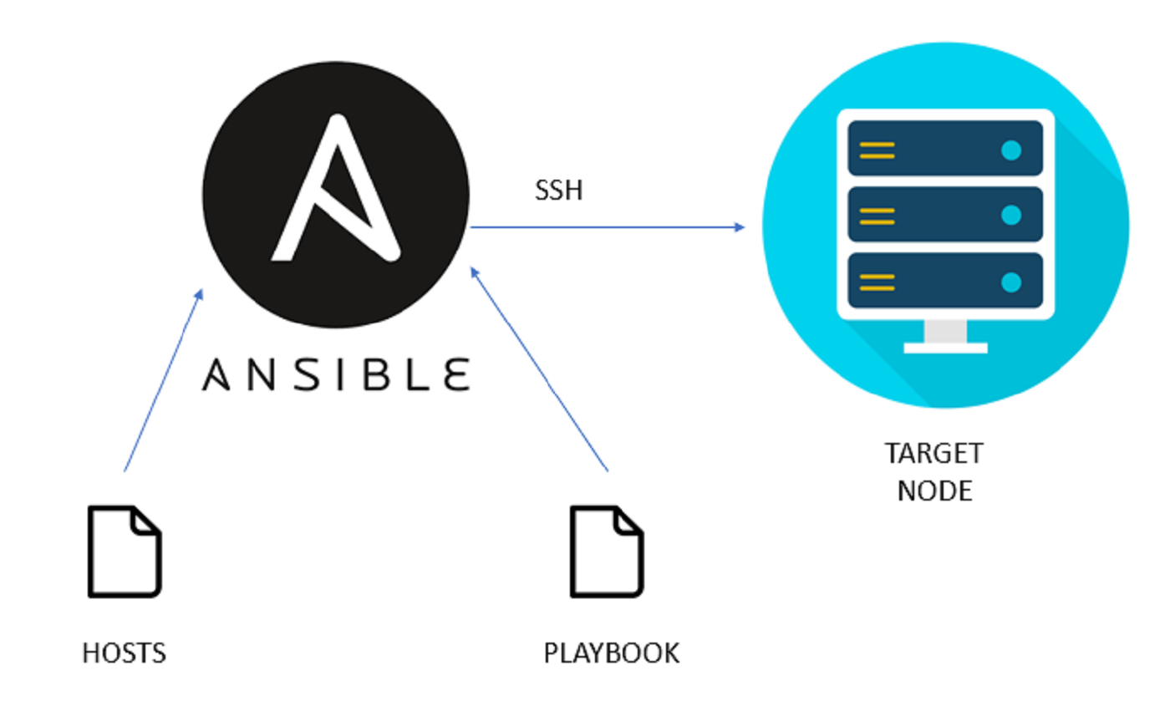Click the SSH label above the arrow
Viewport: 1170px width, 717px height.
[558, 191]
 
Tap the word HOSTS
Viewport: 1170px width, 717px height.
[125, 653]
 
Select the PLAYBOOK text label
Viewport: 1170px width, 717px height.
[612, 653]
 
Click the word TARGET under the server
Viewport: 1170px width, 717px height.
[934, 455]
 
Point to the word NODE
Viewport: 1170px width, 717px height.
[934, 491]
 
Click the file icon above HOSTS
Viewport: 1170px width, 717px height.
[125, 552]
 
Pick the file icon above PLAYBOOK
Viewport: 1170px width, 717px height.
[607, 552]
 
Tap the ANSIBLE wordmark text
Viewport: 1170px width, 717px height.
[336, 375]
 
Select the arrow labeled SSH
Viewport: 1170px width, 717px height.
[607, 226]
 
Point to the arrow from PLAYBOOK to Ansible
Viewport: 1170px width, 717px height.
[539, 369]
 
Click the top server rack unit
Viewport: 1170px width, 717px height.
[945, 148]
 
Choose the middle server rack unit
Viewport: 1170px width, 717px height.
[945, 214]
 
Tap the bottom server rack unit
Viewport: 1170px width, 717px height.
[945, 280]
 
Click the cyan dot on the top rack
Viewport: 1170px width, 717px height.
[1011, 150]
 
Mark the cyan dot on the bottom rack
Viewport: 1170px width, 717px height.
[1011, 282]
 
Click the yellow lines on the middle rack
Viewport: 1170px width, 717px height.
[877, 216]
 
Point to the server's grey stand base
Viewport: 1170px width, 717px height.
[945, 347]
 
